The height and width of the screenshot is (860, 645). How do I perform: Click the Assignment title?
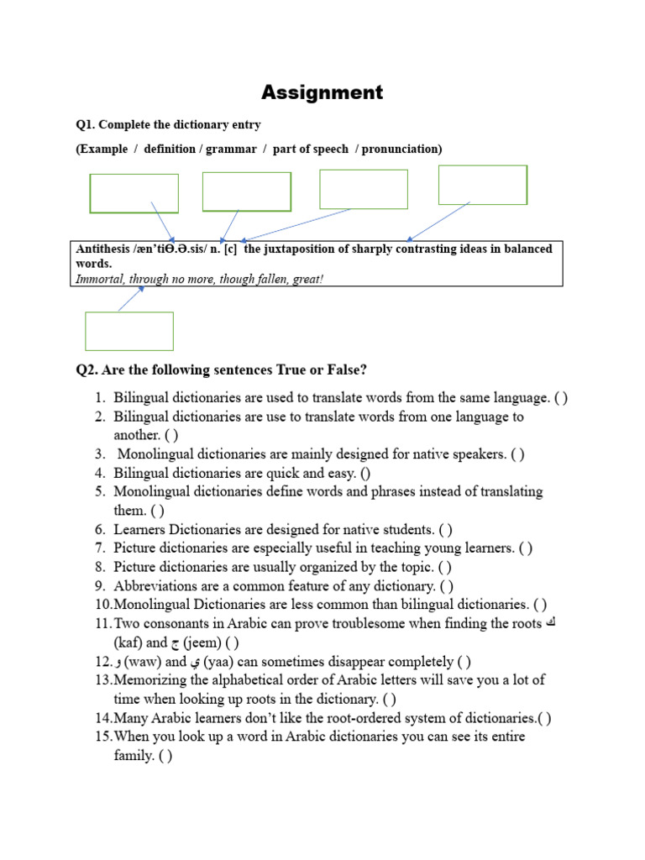pyautogui.click(x=322, y=92)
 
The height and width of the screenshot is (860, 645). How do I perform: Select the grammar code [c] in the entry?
pyautogui.click(x=230, y=249)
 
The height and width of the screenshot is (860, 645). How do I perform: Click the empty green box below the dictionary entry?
pyautogui.click(x=129, y=331)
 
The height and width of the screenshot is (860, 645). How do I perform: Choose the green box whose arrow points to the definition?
pyautogui.click(x=482, y=185)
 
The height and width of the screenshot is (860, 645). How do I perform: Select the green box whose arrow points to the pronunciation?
pyautogui.click(x=134, y=193)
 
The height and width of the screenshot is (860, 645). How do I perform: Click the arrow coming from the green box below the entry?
pyautogui.click(x=131, y=299)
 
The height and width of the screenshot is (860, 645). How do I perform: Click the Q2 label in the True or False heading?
pyautogui.click(x=87, y=370)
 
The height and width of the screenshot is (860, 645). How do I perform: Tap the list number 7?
pyautogui.click(x=100, y=548)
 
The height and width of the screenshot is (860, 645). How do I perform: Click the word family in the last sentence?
pyautogui.click(x=134, y=755)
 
